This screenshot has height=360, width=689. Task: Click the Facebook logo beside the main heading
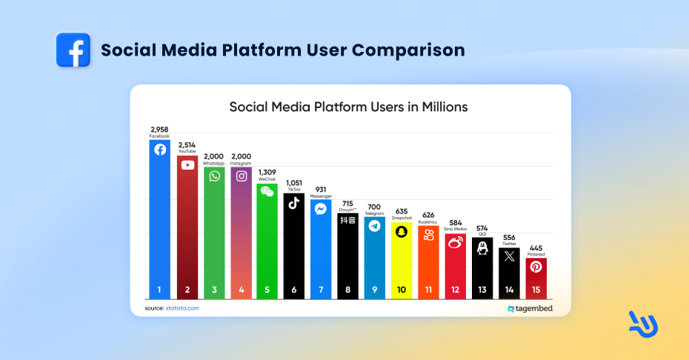coord(73,50)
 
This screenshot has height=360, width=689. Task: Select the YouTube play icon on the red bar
coord(187,164)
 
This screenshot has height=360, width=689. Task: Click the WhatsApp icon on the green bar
coord(215,176)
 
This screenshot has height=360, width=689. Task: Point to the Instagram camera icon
coord(242,176)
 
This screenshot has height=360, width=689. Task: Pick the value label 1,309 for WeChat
coord(267,173)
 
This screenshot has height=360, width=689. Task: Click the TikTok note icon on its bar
coord(294,203)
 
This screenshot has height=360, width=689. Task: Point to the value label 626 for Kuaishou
coord(428,215)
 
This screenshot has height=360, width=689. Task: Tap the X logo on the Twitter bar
coord(509,257)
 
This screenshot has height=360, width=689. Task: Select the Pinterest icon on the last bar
coord(536,267)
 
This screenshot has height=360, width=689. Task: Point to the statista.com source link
coord(182,307)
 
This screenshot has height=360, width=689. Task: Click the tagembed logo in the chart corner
coord(530,308)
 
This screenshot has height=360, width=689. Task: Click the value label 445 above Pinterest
coord(536,247)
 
